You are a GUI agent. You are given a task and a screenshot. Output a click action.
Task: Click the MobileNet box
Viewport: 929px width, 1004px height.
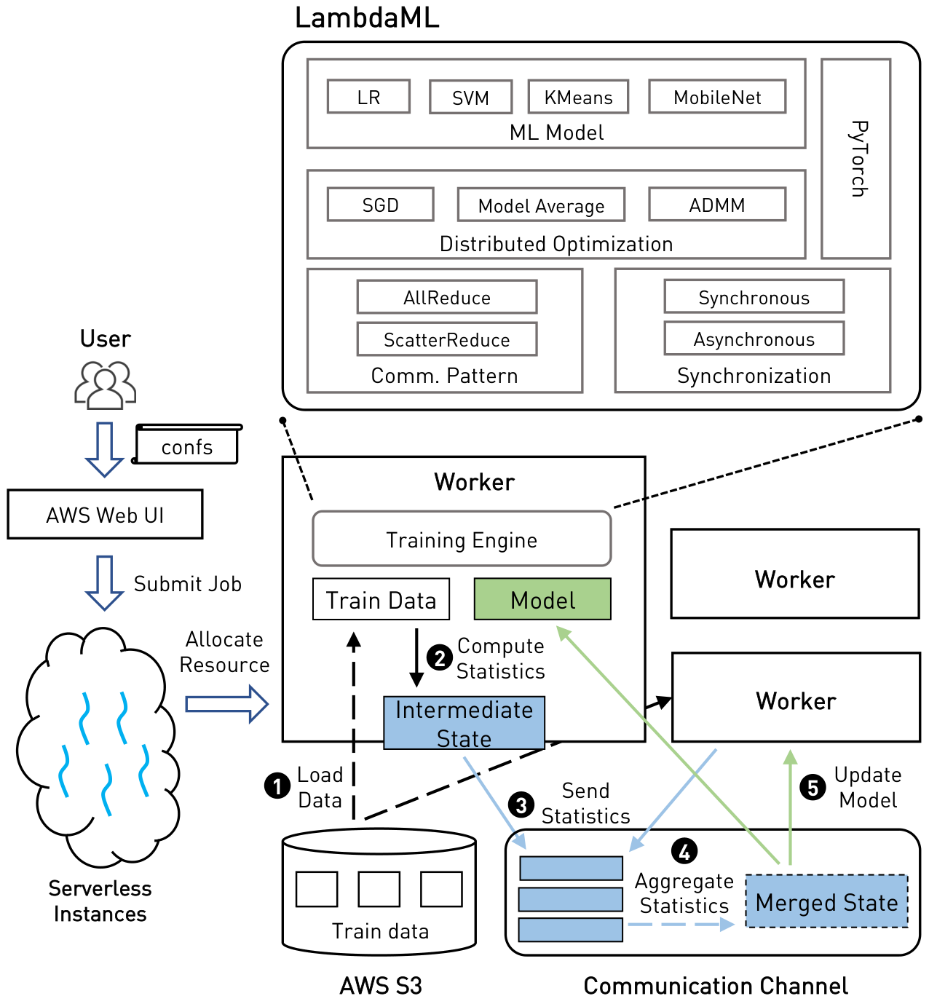tap(716, 96)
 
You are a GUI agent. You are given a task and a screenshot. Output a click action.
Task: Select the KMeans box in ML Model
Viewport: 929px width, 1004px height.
tap(578, 97)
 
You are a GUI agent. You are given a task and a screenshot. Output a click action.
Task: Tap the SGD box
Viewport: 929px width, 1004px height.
tap(380, 205)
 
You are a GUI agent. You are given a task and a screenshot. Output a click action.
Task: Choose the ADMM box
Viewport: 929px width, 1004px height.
tap(716, 205)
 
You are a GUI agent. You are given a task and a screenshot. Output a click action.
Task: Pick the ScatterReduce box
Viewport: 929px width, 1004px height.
tap(446, 339)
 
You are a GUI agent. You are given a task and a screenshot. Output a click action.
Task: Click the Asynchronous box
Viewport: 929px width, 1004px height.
tap(754, 339)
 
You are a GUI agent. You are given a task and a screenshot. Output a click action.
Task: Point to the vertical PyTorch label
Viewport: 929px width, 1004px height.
tap(858, 159)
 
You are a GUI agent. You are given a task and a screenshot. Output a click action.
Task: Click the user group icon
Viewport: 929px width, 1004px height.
tap(105, 384)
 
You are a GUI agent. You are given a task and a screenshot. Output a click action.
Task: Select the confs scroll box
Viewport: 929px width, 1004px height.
tap(186, 444)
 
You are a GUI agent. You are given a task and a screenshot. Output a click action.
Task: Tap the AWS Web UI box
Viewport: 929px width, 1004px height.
tap(105, 514)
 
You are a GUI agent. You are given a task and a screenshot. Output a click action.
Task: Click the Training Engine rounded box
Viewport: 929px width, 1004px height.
tap(461, 538)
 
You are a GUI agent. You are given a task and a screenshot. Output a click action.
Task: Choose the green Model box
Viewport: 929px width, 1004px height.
tap(542, 599)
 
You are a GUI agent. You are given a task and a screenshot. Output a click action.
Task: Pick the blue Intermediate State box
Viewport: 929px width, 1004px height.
tap(464, 723)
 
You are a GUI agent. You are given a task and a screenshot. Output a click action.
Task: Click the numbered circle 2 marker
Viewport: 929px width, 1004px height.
tap(439, 657)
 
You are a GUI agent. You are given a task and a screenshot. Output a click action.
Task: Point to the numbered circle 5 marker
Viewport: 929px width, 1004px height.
tap(813, 787)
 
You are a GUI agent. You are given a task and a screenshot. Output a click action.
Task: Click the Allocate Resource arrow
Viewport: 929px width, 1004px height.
tap(226, 704)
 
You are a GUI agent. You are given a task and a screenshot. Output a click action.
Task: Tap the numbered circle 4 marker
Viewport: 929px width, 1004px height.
tap(684, 851)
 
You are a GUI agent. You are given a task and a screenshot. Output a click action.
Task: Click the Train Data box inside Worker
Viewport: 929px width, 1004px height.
tap(381, 599)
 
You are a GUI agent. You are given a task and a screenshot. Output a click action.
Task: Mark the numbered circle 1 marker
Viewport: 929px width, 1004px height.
tap(277, 786)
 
